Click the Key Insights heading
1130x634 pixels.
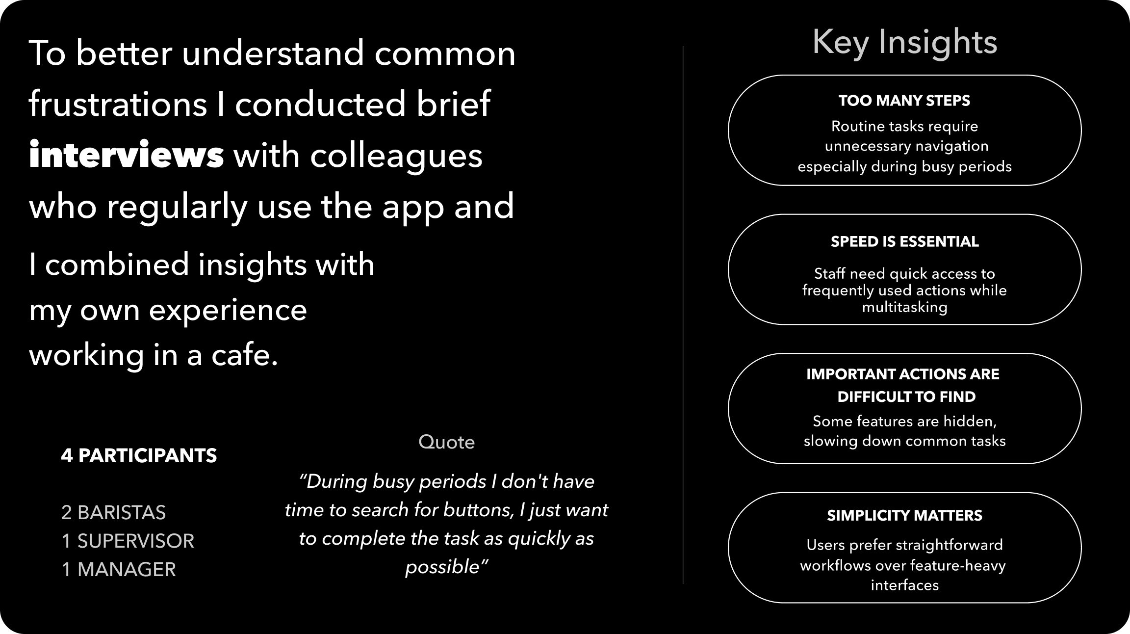pos(904,43)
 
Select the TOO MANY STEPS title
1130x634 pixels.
pos(904,101)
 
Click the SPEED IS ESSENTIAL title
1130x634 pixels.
pos(904,241)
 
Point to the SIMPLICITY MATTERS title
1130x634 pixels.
pos(904,515)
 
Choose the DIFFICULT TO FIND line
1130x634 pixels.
pos(906,396)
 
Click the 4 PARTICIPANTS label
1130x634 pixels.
pos(139,455)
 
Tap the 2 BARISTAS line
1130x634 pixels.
pos(113,512)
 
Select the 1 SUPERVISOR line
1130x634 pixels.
pos(128,541)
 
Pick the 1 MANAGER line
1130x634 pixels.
pos(118,569)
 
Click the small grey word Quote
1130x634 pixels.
pos(446,442)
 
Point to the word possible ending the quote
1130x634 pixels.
pos(442,567)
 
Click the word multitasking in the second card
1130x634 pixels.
pos(904,308)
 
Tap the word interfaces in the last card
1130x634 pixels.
pos(904,585)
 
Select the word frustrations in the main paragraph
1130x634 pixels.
pos(118,104)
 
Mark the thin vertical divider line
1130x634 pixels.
pos(683,315)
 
